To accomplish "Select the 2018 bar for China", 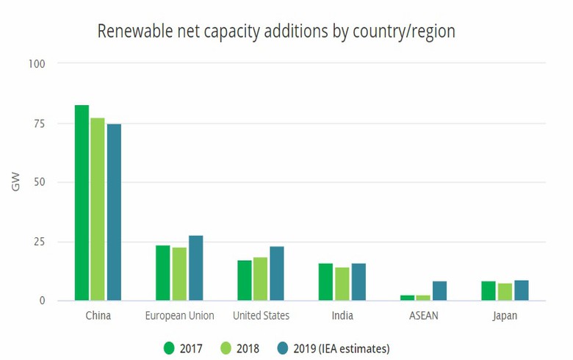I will pos(98,209).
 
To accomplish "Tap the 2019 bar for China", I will pos(114,212).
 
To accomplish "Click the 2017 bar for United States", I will pos(244,281).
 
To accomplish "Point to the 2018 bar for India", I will pos(342,284).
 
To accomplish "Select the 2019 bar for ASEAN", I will pos(439,291).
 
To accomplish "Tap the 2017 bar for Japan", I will pos(489,291).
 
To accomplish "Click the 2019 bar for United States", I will pos(276,273).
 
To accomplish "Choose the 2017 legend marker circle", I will pos(168,348).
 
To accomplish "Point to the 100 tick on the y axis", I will pos(37,64).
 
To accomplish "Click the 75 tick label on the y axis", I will pos(40,123).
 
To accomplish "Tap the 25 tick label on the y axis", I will pos(40,242).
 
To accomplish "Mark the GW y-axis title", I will pos(16,182).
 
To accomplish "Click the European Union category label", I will pos(179,316).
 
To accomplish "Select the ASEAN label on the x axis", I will pos(424,316).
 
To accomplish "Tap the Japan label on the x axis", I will pos(505,316).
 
